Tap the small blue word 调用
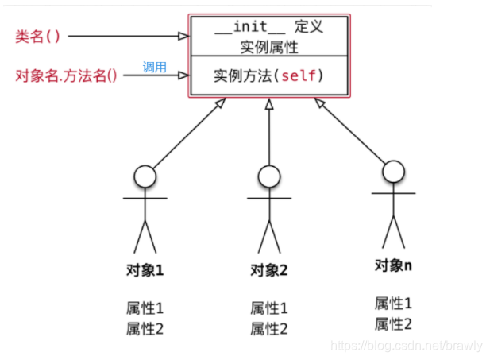154,68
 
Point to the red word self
305,77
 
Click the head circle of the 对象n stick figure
394,171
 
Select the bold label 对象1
144,270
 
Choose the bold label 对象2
268,270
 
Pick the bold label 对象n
393,265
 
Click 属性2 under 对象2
269,328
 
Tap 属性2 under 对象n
393,323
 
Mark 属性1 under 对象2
269,308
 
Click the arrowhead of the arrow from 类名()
184,36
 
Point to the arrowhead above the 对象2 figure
269,105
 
